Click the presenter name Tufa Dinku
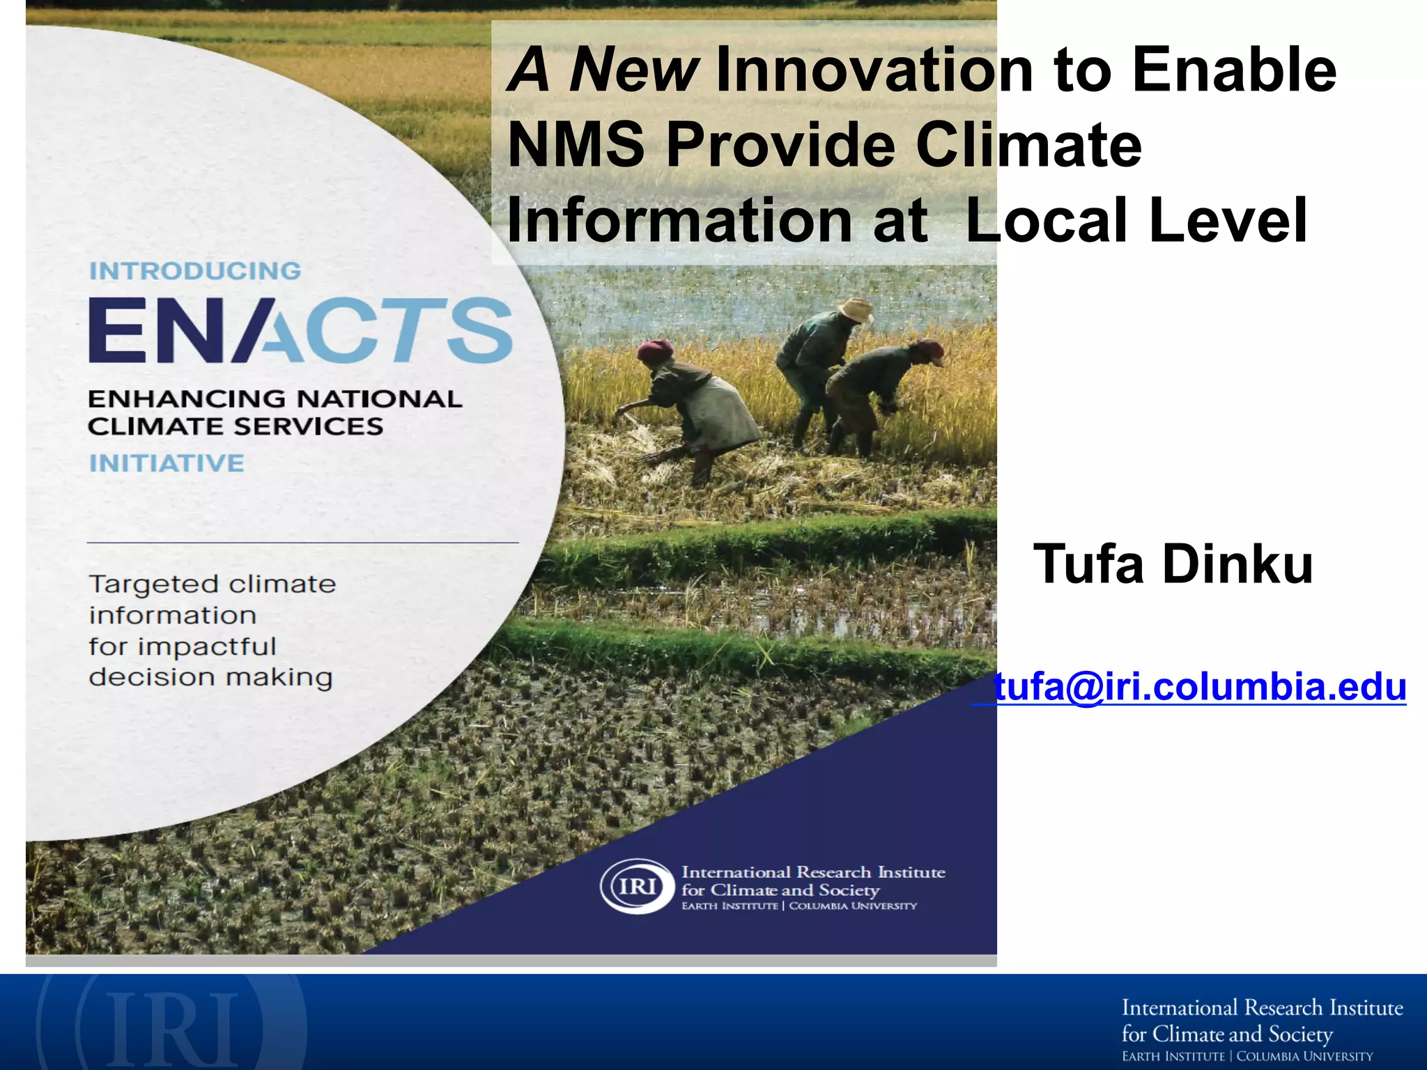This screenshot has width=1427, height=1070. click(x=1173, y=564)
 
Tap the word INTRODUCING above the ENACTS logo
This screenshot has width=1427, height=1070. click(x=195, y=271)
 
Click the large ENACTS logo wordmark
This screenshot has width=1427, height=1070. click(x=300, y=330)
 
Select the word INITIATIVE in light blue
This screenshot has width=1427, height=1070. click(x=167, y=463)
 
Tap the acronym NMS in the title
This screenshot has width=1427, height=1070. click(x=576, y=145)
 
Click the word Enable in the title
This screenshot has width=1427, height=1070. click(x=1234, y=70)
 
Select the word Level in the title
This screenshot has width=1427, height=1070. click(x=1228, y=220)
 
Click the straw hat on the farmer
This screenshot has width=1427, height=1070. click(x=856, y=309)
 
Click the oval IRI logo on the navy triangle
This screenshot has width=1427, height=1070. click(x=637, y=886)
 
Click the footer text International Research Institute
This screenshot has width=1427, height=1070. click(x=1262, y=1008)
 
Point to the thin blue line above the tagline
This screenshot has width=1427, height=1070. click(x=302, y=542)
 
